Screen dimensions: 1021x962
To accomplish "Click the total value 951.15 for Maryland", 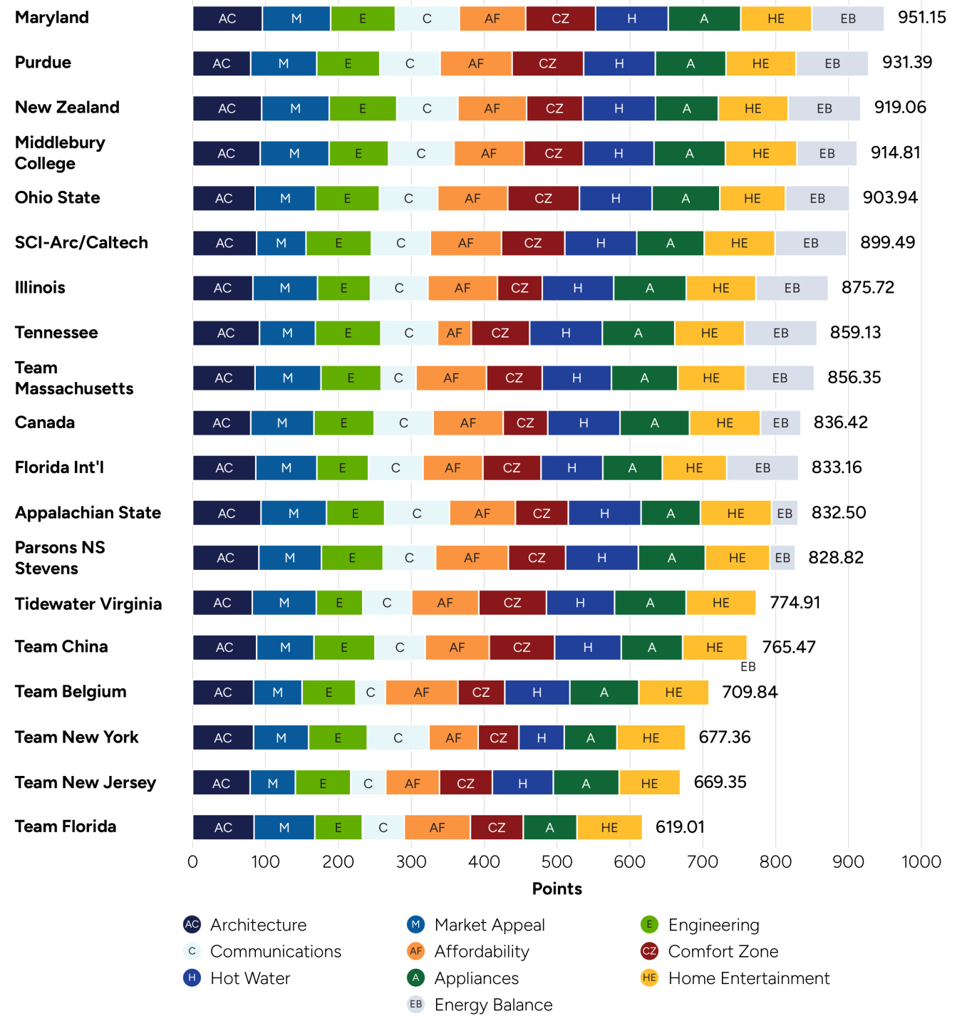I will tap(921, 18).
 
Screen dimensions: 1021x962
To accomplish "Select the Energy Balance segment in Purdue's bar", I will tap(832, 63).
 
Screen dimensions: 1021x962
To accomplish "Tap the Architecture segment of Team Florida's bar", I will tap(223, 827).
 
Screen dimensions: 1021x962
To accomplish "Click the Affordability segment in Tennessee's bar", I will tap(454, 333).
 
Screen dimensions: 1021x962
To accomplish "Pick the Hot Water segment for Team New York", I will tap(542, 737).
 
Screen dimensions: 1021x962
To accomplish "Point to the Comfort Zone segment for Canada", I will tap(525, 423).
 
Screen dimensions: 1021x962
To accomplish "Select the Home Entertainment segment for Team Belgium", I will tap(673, 693).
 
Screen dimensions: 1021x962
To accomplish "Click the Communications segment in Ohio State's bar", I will tap(408, 198).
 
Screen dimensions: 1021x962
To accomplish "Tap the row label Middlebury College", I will tap(60, 152).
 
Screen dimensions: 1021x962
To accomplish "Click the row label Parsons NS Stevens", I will tap(60, 558).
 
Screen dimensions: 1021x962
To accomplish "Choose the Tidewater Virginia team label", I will tap(88, 603).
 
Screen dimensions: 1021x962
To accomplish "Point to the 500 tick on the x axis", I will tap(557, 861).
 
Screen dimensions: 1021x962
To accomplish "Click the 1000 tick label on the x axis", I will tap(921, 861).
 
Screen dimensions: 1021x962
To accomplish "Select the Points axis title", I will tap(557, 888).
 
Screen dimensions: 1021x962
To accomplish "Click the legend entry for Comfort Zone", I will tap(723, 951).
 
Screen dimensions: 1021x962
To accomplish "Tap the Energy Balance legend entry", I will tap(493, 1005).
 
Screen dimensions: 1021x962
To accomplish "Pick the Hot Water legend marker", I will tap(192, 978).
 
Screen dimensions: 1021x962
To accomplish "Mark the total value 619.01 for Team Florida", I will tap(680, 827).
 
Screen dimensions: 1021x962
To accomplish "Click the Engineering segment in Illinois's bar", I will tap(343, 288).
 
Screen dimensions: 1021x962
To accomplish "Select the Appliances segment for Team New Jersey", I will tap(586, 783).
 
